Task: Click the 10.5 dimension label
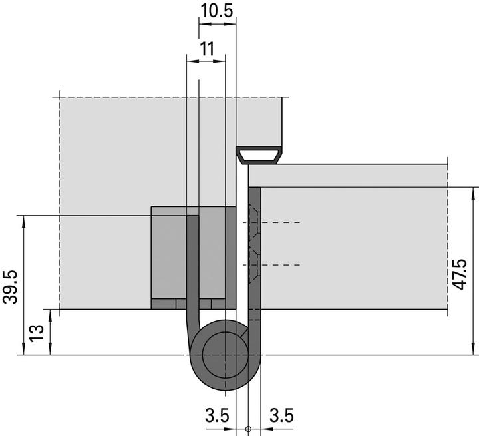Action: pyautogui.click(x=217, y=11)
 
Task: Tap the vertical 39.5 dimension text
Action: pyautogui.click(x=11, y=286)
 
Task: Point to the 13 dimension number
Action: pyautogui.click(x=37, y=332)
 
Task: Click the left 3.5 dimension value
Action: pyautogui.click(x=217, y=415)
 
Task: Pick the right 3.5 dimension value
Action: pyautogui.click(x=281, y=415)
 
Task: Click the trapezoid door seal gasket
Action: pyautogui.click(x=260, y=156)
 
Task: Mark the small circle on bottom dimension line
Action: pyautogui.click(x=247, y=429)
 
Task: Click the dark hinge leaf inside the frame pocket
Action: pyautogui.click(x=192, y=266)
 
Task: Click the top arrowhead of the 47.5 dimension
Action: pyautogui.click(x=473, y=193)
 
